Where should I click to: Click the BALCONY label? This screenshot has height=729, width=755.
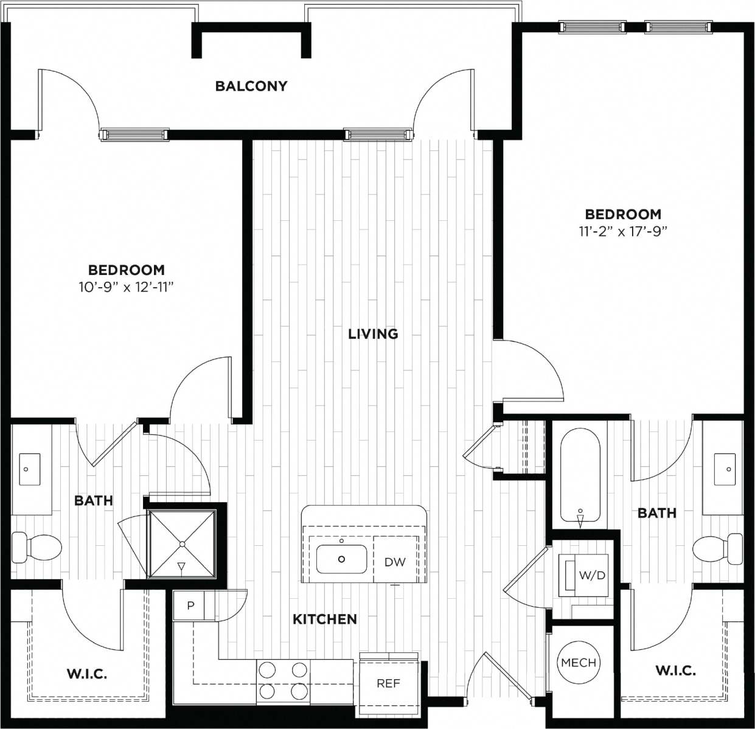(x=251, y=86)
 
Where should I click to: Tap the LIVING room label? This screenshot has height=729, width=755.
(x=373, y=333)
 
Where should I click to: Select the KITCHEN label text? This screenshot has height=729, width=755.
(x=325, y=619)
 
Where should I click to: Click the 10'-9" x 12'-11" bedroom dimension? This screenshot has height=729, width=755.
(x=127, y=287)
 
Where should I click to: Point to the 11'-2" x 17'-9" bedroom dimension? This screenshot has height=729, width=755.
(x=623, y=231)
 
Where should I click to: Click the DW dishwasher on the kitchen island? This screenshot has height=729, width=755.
(x=395, y=562)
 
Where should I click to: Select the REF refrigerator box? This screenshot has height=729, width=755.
(x=388, y=683)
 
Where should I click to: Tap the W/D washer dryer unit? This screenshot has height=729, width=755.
(x=584, y=575)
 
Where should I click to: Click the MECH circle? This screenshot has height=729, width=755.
(x=579, y=662)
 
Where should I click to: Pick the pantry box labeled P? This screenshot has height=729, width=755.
(x=190, y=606)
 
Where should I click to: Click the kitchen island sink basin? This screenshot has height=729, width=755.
(x=341, y=559)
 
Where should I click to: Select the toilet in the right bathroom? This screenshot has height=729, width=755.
(x=718, y=548)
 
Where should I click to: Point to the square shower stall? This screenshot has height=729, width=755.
(x=182, y=543)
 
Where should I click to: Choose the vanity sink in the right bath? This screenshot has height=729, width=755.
(x=726, y=469)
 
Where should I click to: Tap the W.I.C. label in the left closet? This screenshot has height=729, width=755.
(x=86, y=674)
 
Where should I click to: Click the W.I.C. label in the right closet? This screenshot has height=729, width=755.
(x=675, y=671)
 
